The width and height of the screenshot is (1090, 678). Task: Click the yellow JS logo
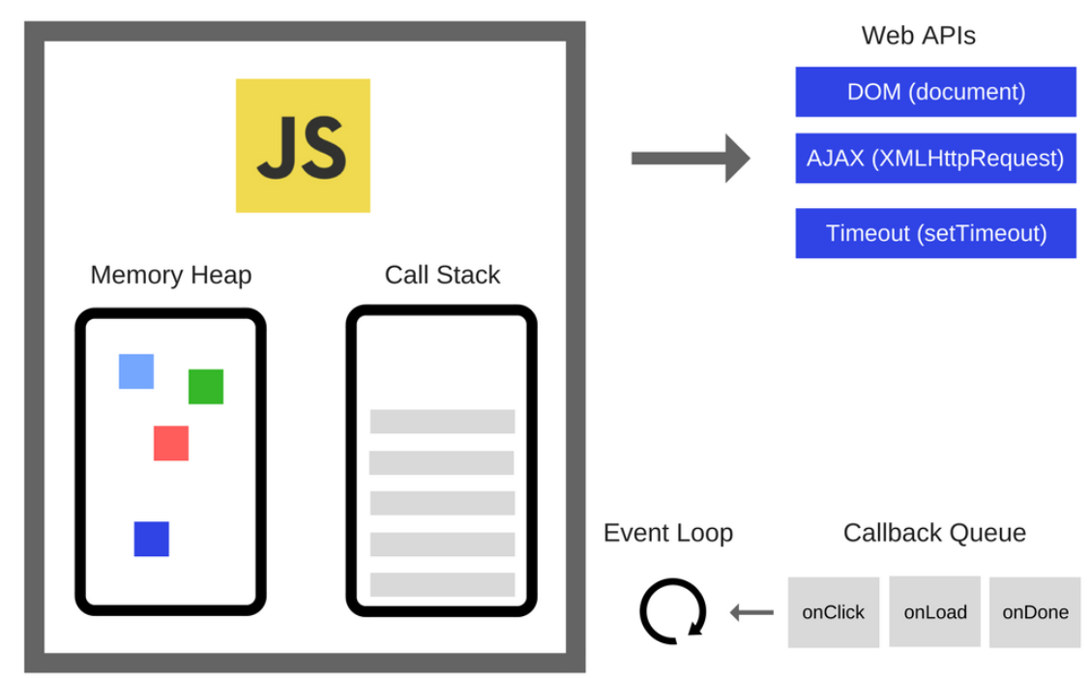coord(303,145)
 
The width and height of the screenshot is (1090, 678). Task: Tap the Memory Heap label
coord(170,275)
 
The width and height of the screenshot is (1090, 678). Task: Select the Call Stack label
coord(442,275)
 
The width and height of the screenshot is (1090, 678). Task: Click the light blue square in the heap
coord(136,371)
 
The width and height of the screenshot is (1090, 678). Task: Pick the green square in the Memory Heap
coord(206,387)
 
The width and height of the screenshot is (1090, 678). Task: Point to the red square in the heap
coord(171,443)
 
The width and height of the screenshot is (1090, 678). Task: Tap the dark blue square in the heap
coord(151,539)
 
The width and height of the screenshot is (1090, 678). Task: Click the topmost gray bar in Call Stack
coord(442,422)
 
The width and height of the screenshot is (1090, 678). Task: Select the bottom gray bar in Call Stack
coord(442,584)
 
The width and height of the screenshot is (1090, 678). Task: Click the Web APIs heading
coord(918,36)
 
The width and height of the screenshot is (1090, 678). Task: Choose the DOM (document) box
coord(935,92)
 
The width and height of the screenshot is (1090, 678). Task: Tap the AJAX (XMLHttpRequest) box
coord(935,158)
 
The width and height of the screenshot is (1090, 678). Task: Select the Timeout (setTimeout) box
coord(935,233)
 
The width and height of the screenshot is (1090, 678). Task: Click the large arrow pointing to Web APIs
coord(690,158)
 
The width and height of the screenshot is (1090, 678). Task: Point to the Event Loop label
coord(667,533)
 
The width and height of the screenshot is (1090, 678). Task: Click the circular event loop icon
coord(673,611)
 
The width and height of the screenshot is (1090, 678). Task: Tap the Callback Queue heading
coord(934,533)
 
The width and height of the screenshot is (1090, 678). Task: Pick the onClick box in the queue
coord(833,612)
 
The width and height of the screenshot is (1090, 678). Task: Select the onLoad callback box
coord(934,612)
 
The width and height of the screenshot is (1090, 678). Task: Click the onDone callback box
coord(1035,612)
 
